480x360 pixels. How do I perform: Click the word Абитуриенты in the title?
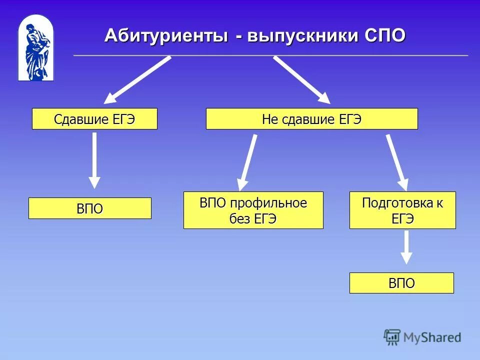[x=165, y=35]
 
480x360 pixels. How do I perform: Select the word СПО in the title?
[x=385, y=35]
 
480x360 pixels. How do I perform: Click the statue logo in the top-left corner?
[x=35, y=48]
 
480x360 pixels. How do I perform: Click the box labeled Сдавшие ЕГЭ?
[x=94, y=119]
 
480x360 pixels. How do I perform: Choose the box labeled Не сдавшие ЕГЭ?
[x=311, y=119]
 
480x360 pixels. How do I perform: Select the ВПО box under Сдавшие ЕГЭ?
[x=89, y=208]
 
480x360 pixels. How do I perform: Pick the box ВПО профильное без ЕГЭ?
[x=253, y=210]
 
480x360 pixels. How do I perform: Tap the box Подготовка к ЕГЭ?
[x=402, y=210]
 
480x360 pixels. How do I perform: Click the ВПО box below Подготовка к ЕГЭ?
[x=401, y=283]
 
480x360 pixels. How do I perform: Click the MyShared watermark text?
[x=432, y=337]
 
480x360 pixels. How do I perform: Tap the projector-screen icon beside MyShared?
[x=392, y=337]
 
